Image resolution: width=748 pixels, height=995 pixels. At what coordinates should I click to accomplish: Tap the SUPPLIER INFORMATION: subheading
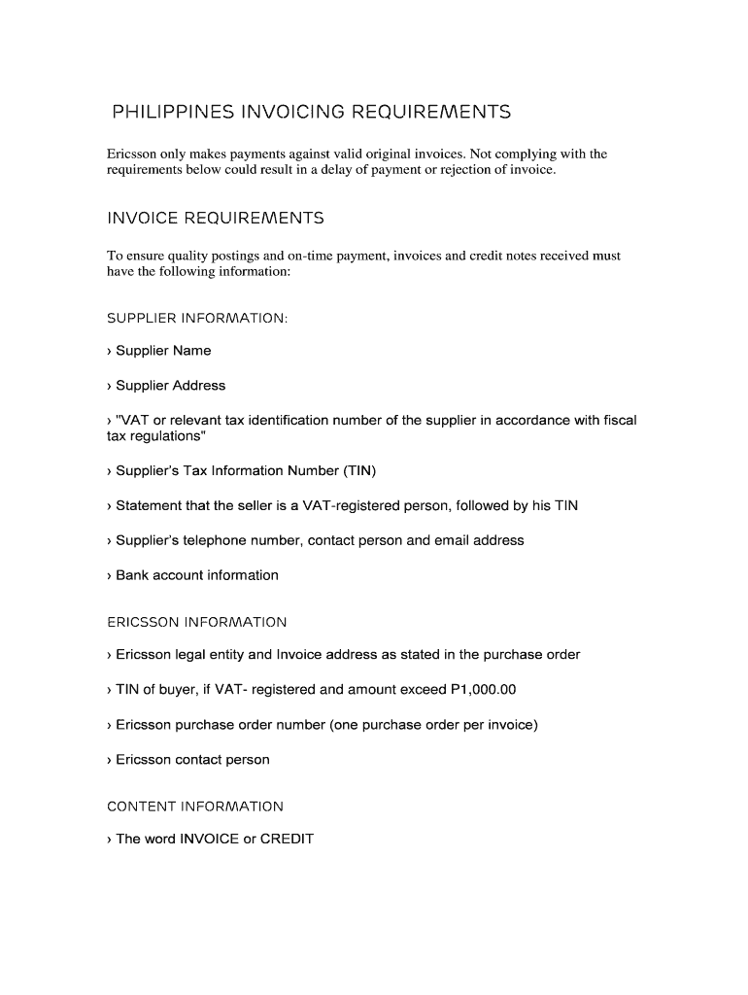pyautogui.click(x=197, y=318)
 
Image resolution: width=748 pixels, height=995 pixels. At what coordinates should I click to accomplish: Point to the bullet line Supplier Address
pyautogui.click(x=166, y=386)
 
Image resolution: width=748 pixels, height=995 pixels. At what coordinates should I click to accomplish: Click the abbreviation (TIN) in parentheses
pyautogui.click(x=358, y=471)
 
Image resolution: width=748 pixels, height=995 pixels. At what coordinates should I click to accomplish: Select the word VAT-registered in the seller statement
pyautogui.click(x=359, y=506)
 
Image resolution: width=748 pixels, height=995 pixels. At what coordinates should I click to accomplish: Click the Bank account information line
pyautogui.click(x=193, y=575)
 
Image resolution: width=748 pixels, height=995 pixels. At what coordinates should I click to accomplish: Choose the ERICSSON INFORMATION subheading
pyautogui.click(x=197, y=622)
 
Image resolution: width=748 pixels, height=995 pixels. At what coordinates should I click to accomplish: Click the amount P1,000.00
pyautogui.click(x=484, y=690)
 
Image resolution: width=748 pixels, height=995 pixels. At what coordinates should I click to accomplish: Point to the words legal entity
pyautogui.click(x=204, y=655)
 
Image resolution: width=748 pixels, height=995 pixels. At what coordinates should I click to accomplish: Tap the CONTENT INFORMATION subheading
pyautogui.click(x=195, y=806)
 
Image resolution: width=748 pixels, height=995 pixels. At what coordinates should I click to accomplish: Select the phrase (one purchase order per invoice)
pyautogui.click(x=434, y=725)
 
